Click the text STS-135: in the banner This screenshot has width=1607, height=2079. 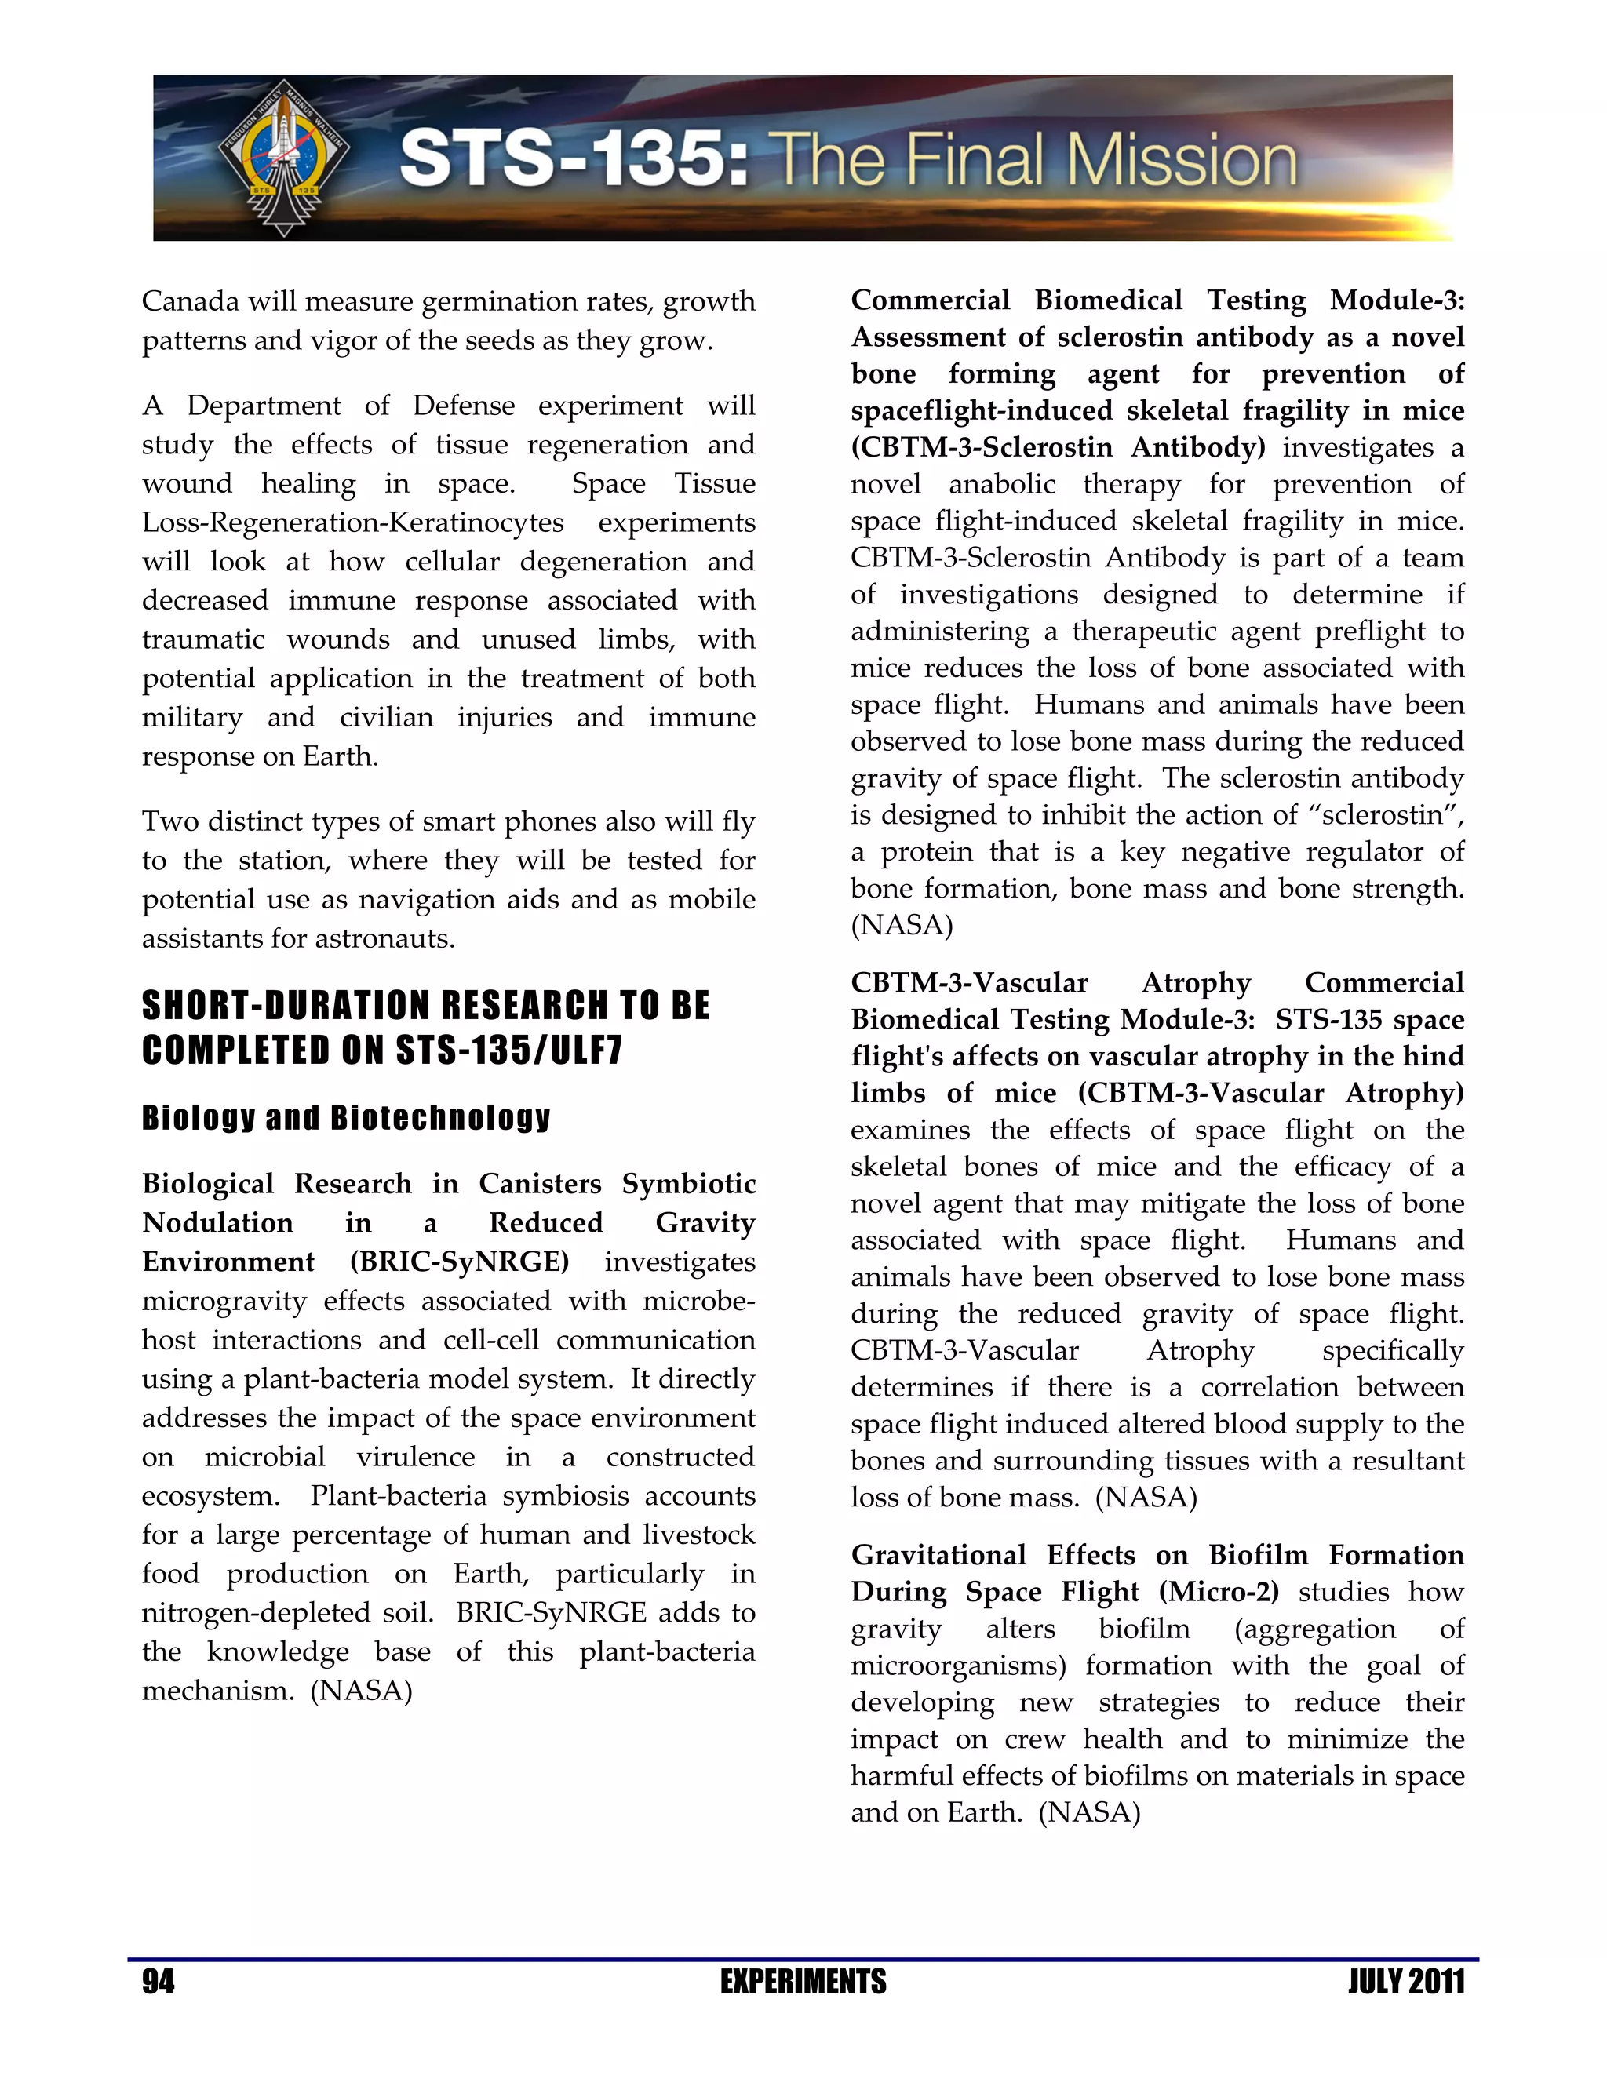point(572,159)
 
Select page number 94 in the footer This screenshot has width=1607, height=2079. point(158,1982)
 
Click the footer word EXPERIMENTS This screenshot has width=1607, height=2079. point(803,1982)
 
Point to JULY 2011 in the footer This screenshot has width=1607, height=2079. point(1406,1982)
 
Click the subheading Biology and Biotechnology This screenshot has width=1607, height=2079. point(345,1116)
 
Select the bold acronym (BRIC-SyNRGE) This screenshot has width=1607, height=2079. point(459,1262)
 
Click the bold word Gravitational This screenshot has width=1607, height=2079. point(938,1554)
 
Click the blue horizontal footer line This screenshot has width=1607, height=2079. point(803,1959)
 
